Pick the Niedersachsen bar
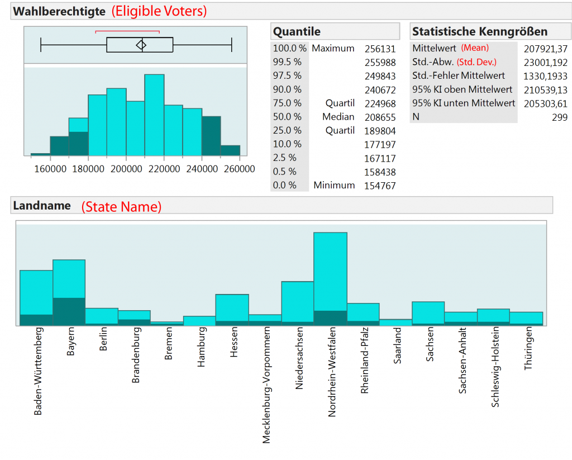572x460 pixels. (x=297, y=302)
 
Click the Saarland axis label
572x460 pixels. (x=398, y=345)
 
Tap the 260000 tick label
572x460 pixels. (x=240, y=168)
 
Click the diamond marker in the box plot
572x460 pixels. (x=141, y=45)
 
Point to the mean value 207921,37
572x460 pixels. (x=545, y=49)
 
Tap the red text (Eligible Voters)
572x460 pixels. (x=159, y=11)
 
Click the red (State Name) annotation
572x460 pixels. (x=121, y=206)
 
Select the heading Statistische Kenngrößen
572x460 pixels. (x=479, y=31)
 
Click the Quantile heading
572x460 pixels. (x=297, y=31)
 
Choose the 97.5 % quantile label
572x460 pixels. (x=287, y=75)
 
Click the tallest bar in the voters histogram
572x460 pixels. (x=154, y=115)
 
